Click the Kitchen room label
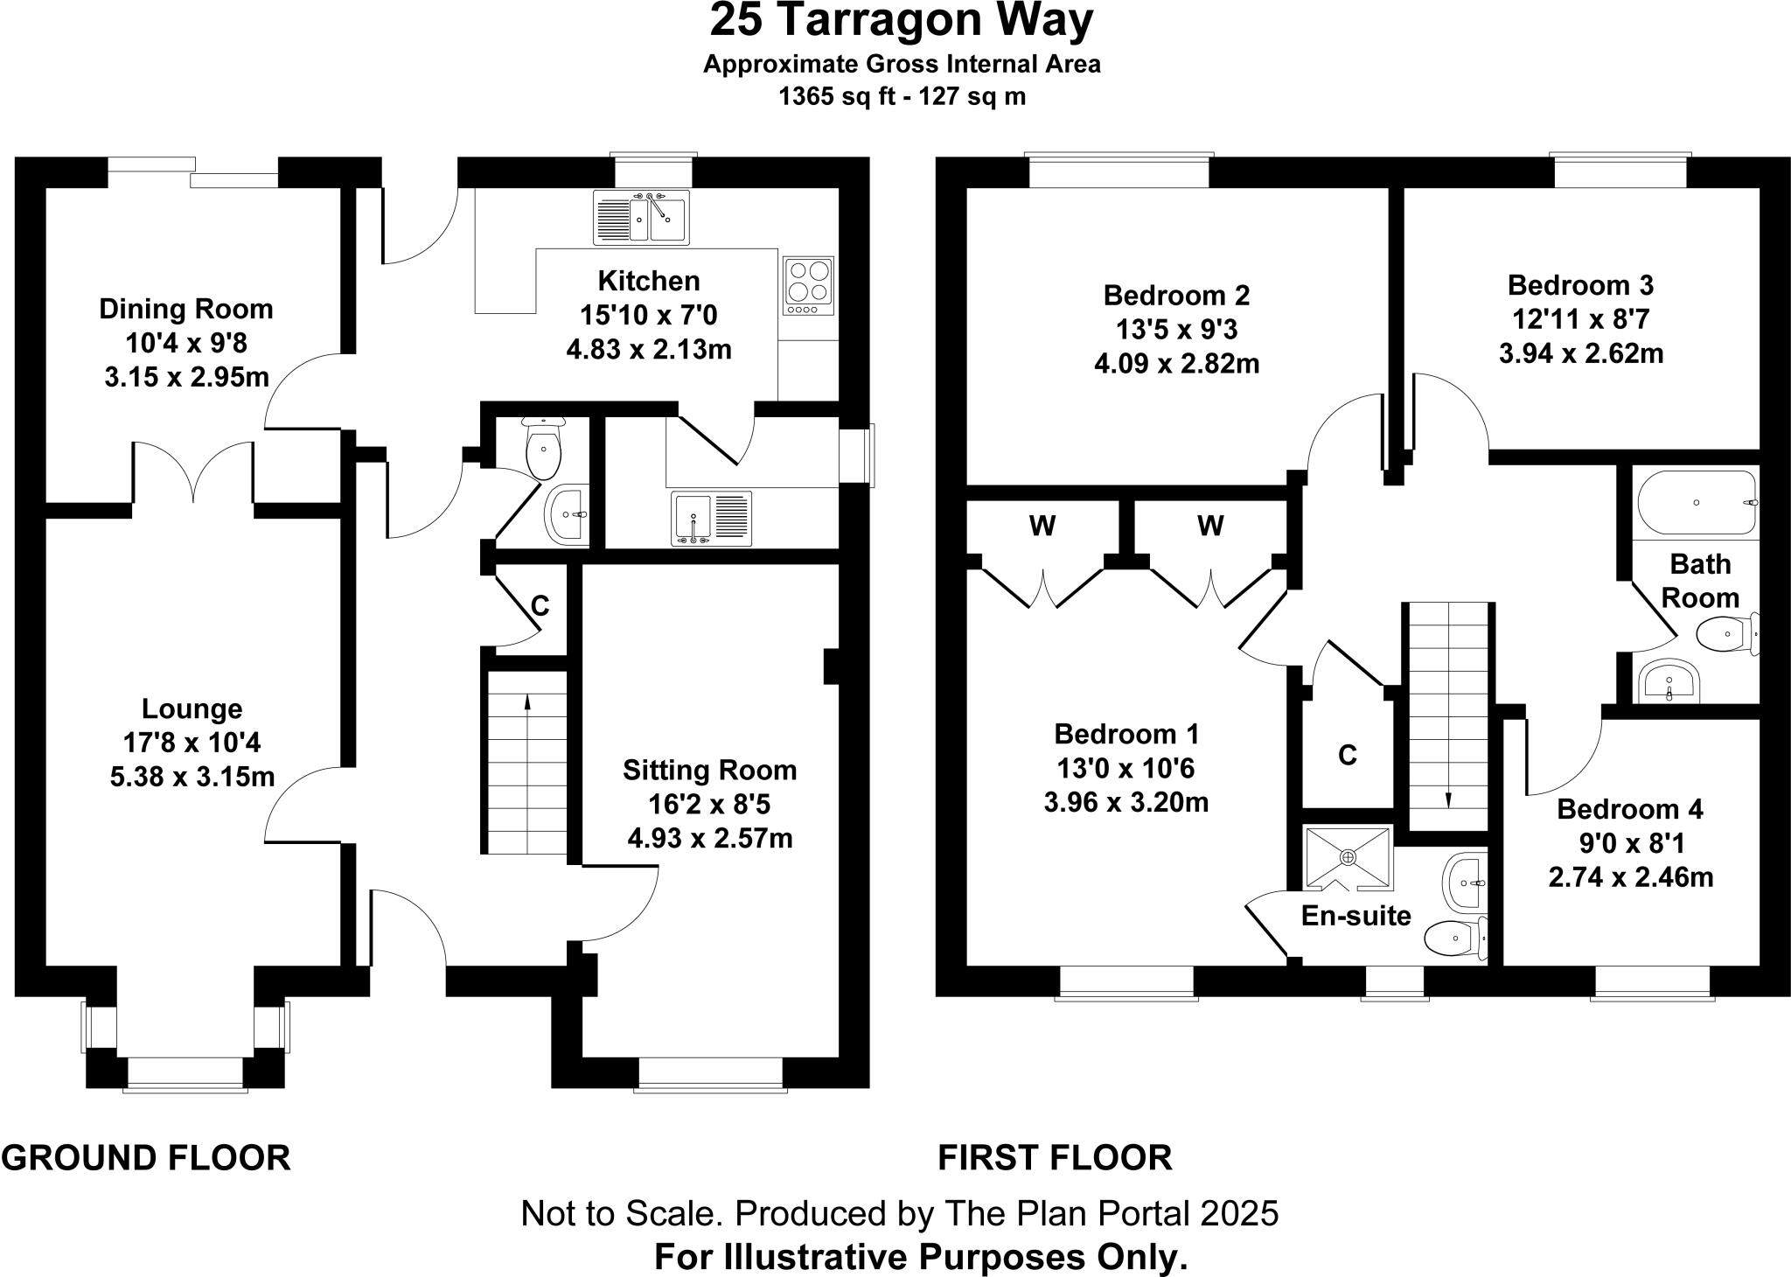pos(649,281)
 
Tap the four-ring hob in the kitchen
pos(809,286)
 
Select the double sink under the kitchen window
pos(641,218)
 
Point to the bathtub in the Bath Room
pos(1696,503)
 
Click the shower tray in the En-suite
pos(1348,857)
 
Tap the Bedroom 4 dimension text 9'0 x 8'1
pos(1631,843)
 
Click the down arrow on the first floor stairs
pos(1447,799)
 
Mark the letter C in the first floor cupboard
pos(1348,755)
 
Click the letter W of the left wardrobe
pos(1042,527)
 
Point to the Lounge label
pos(192,709)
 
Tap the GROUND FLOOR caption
pos(146,1157)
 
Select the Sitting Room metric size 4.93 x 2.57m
pos(709,839)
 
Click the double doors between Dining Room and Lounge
pos(193,473)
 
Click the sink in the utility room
pos(711,519)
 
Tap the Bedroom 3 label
pos(1580,285)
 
